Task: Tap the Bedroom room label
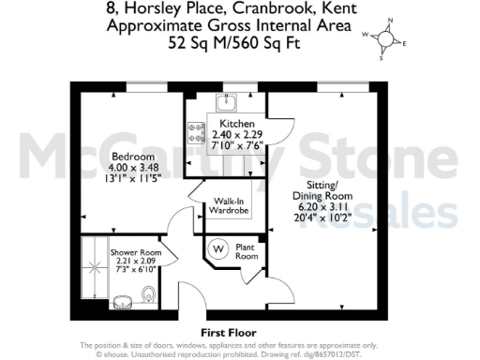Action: coord(132,156)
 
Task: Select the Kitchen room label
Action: coord(232,124)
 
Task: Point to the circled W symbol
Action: coord(218,248)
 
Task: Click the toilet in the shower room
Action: coord(143,297)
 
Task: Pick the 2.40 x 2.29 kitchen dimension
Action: coord(232,135)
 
